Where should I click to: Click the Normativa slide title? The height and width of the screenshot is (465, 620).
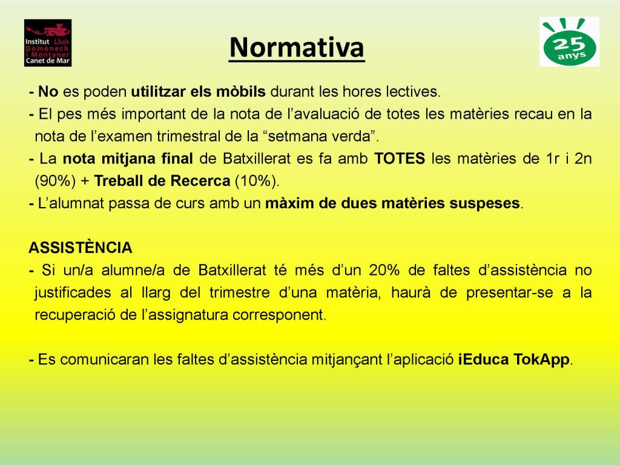297,47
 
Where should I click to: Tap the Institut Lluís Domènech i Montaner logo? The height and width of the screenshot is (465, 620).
48,43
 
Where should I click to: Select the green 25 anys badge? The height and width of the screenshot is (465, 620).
569,42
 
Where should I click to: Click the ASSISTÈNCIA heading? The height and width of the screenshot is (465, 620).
81,248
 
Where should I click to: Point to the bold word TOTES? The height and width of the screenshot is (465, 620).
400,159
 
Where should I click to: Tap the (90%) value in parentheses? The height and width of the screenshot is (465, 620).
55,180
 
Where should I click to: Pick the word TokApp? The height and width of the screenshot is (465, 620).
541,360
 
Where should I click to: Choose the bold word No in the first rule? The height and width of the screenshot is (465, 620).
48,92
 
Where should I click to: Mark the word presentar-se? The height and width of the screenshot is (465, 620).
509,293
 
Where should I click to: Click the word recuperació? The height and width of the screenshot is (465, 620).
75,315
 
